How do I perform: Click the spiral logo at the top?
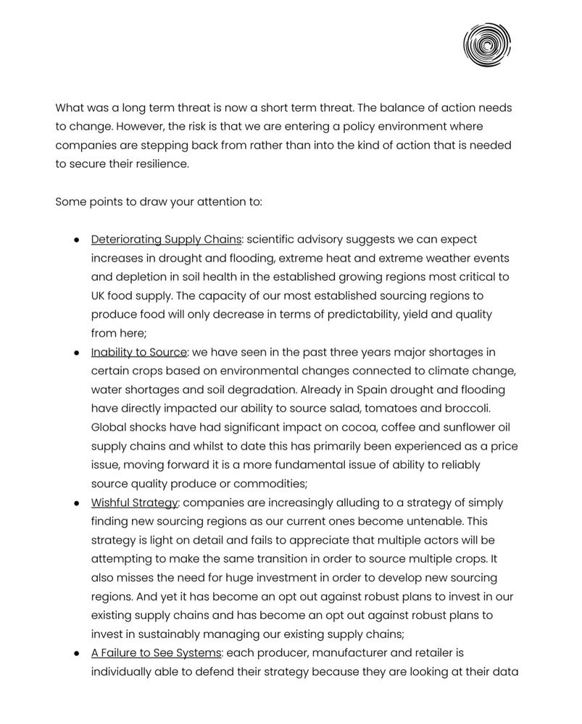pos(487,45)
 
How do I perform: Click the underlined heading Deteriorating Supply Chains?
pos(166,240)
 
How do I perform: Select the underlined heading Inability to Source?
pos(139,353)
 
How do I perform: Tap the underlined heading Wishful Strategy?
pos(134,503)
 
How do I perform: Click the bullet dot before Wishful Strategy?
pos(76,503)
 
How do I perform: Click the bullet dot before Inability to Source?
pos(76,353)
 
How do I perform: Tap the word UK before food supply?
pos(100,296)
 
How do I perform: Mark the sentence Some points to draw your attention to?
pos(158,202)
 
